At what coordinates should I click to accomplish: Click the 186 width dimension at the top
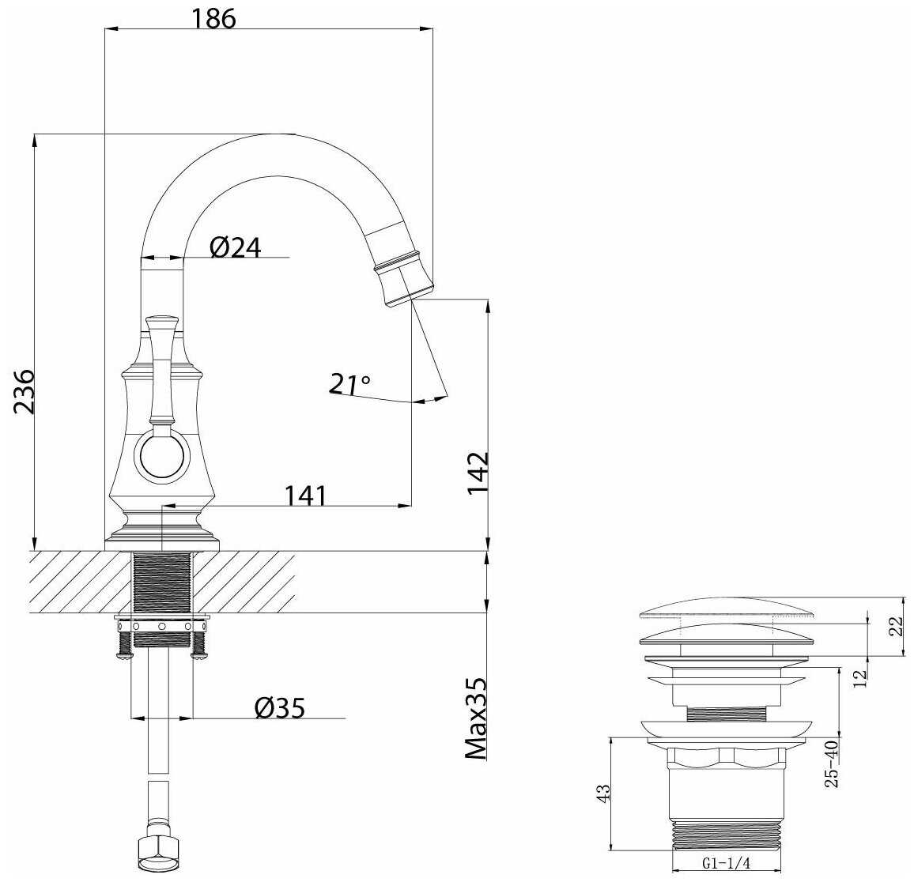(214, 19)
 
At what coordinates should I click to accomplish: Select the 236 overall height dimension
(25, 391)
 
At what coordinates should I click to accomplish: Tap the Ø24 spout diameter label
(236, 247)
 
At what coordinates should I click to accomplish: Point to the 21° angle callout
(349, 384)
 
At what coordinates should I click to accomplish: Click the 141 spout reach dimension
(306, 496)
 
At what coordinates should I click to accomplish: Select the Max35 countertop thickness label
(476, 718)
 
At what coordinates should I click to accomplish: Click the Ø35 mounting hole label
(280, 708)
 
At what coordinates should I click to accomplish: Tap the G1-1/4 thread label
(727, 864)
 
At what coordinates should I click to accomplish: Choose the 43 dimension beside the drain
(604, 792)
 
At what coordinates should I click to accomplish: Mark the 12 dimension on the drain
(860, 677)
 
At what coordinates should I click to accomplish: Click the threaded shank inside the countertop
(162, 582)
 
